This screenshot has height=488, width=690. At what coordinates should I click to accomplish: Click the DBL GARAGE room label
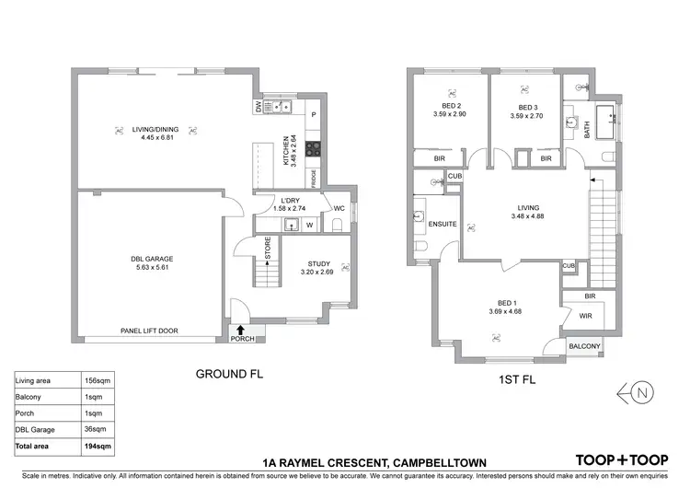pos(152,259)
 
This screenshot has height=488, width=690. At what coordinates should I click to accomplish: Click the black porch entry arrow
pos(241,328)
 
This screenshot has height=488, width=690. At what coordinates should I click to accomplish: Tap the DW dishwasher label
pos(258,107)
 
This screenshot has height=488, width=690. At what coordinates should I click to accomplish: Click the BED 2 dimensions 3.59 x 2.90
pos(450,116)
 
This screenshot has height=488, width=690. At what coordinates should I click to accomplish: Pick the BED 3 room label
pos(525,107)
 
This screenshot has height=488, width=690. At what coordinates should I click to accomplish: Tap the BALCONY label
pos(584,347)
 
